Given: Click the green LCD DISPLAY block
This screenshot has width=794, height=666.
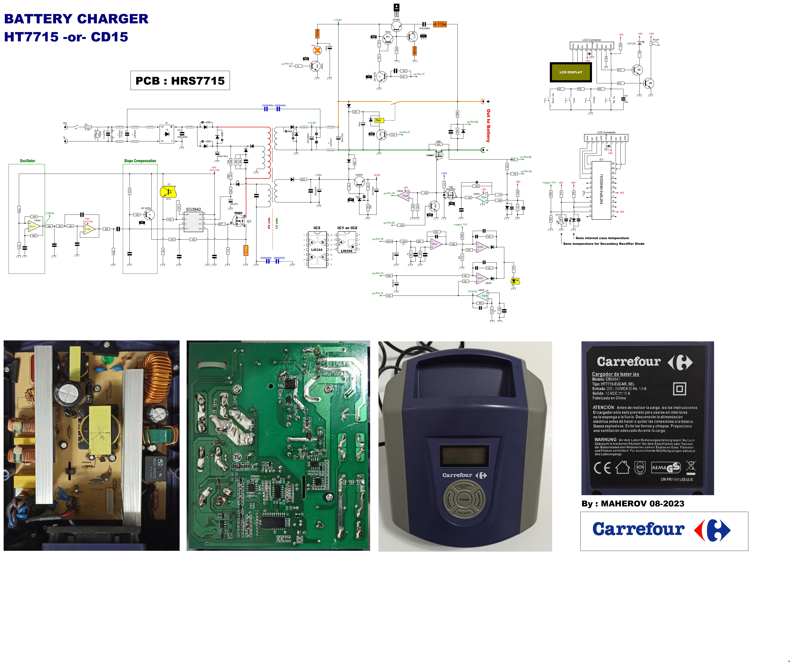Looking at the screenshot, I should (571, 72).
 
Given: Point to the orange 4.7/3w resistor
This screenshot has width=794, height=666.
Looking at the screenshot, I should (440, 24).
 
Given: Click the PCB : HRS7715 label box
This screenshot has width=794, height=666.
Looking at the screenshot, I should (180, 80).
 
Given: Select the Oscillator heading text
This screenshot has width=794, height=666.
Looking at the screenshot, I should (27, 161).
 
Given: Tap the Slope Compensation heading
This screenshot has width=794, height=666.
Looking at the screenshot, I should (140, 161).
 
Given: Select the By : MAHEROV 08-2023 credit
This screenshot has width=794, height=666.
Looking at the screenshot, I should (633, 504).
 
